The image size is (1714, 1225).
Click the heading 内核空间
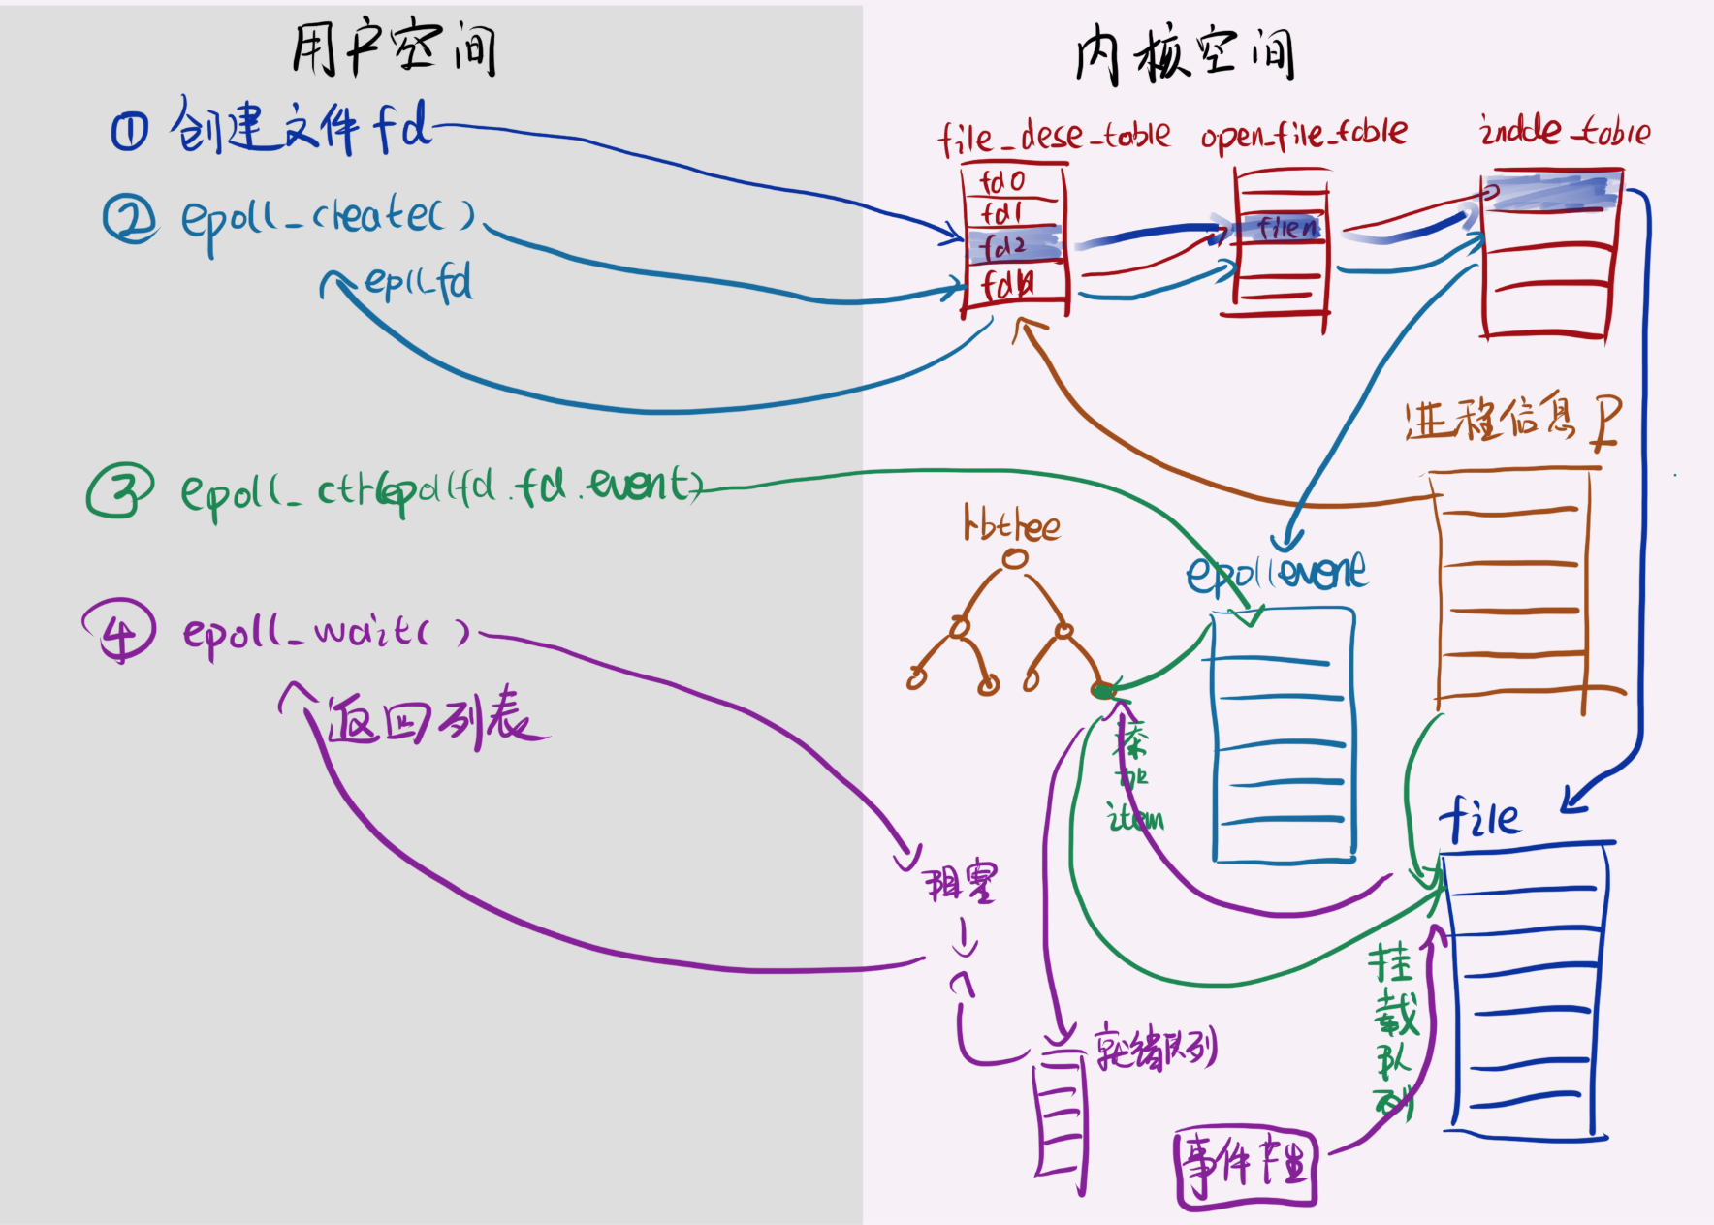click(1185, 54)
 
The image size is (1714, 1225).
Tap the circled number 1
click(129, 132)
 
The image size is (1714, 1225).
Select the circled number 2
click(130, 219)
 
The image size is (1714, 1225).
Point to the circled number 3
click(118, 490)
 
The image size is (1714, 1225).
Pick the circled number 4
click(119, 630)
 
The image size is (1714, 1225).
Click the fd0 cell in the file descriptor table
click(1002, 181)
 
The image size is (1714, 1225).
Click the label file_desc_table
click(1053, 136)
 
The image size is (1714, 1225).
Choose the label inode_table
click(1564, 131)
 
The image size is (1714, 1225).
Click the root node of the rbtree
click(1015, 559)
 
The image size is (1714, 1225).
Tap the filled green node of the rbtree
click(1102, 690)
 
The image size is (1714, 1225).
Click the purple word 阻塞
click(960, 882)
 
